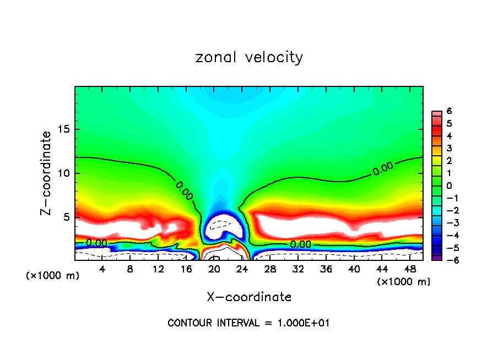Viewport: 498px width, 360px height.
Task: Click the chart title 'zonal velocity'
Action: [x=249, y=57]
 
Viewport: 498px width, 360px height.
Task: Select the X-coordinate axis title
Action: [x=249, y=297]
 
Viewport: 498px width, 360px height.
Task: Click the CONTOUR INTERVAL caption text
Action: [x=248, y=323]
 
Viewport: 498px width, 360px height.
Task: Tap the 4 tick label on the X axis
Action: [x=102, y=269]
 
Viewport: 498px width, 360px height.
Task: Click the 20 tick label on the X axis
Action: [x=214, y=269]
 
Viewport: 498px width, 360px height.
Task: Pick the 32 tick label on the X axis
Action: [x=298, y=269]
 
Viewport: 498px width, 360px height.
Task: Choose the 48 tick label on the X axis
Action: [x=410, y=269]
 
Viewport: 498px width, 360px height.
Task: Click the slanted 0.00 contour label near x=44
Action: [x=383, y=169]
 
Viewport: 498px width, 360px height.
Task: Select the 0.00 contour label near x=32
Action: [x=300, y=244]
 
